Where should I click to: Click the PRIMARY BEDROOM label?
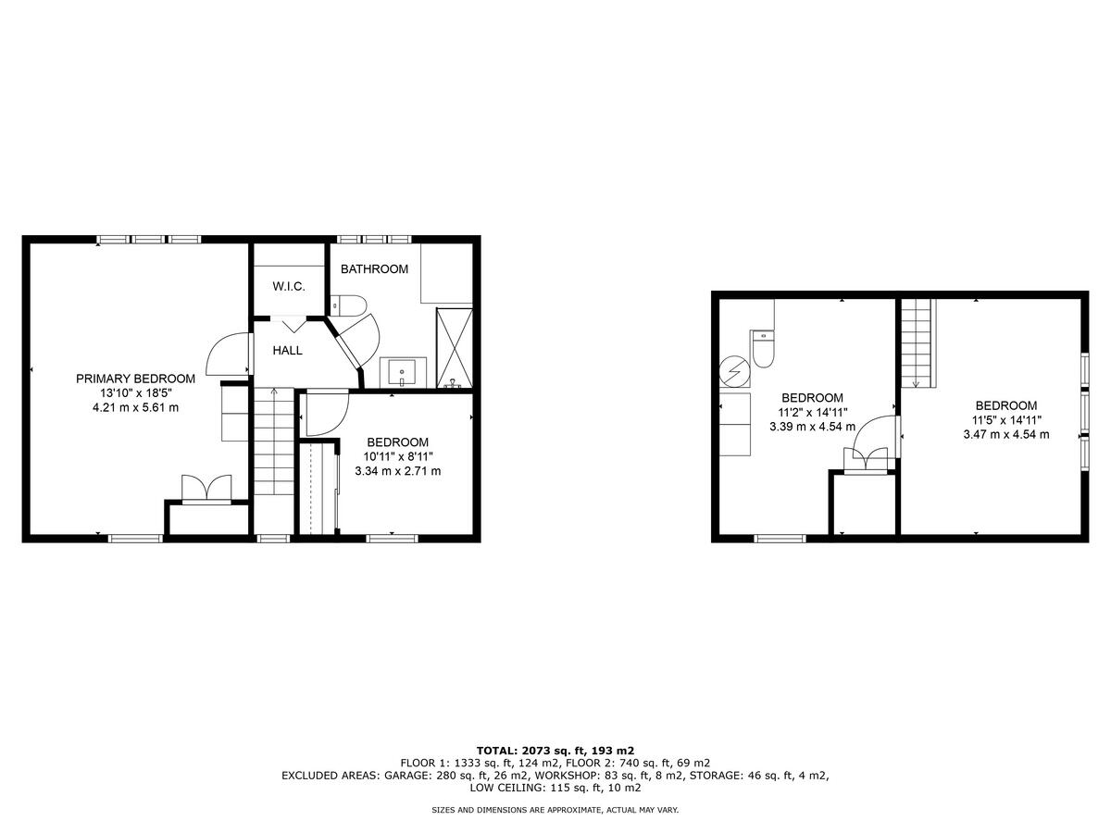(x=135, y=379)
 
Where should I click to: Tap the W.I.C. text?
(x=289, y=287)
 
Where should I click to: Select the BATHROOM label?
(x=374, y=269)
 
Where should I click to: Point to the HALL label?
(x=287, y=351)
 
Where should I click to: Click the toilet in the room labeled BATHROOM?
(x=349, y=305)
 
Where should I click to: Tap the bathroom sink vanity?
(x=403, y=373)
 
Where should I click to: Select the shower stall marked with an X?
(x=454, y=347)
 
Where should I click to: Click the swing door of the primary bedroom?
(x=228, y=354)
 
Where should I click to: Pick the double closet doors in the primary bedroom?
(x=206, y=489)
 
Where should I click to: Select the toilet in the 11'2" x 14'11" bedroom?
(x=763, y=347)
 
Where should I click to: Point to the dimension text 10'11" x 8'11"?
(x=397, y=456)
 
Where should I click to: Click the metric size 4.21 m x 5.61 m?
(x=135, y=407)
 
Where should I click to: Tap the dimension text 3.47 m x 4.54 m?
(x=1005, y=434)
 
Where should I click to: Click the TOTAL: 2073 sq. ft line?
(x=555, y=750)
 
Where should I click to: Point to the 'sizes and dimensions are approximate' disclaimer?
(x=555, y=810)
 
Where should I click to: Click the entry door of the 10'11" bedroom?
(x=325, y=412)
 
